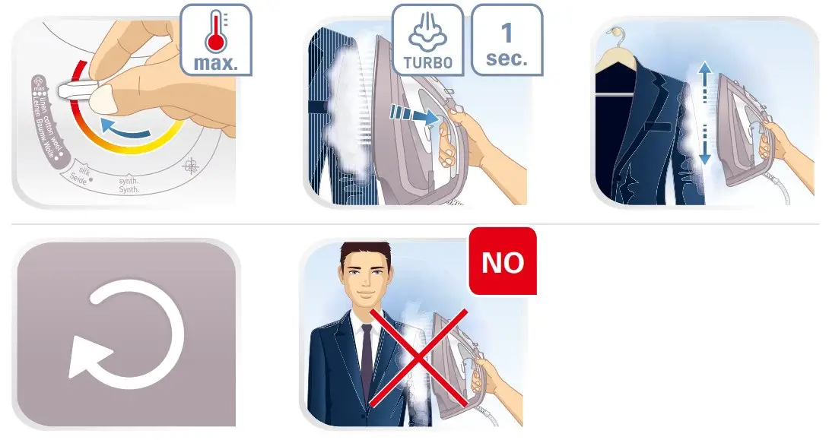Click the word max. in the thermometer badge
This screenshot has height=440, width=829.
pyautogui.click(x=214, y=62)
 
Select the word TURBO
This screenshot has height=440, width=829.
pyautogui.click(x=427, y=62)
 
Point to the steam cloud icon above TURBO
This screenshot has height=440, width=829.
pyautogui.click(x=427, y=33)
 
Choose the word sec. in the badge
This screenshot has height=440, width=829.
pyautogui.click(x=507, y=59)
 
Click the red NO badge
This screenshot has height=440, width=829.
pyautogui.click(x=503, y=261)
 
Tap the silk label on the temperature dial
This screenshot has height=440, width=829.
pyautogui.click(x=81, y=173)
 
